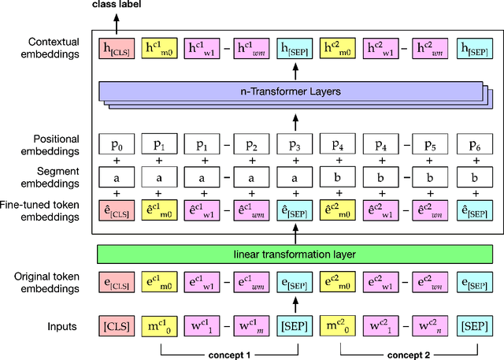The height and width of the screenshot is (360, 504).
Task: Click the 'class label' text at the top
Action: click(119, 6)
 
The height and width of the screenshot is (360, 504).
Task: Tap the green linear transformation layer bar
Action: click(296, 254)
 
